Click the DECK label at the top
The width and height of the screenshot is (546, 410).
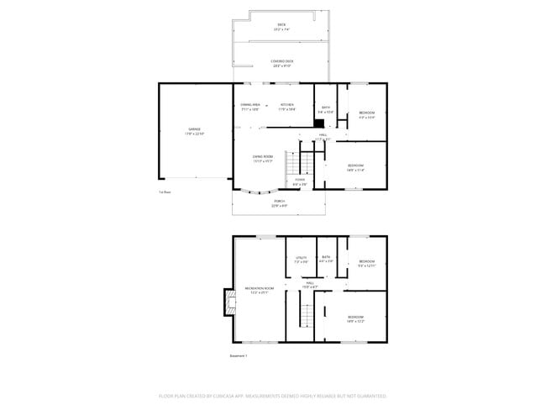click(281, 25)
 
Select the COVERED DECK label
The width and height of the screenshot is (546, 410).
click(281, 61)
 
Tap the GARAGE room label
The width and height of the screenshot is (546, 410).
click(194, 129)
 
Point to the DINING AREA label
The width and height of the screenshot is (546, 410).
click(250, 105)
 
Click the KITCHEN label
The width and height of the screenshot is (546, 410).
click(286, 105)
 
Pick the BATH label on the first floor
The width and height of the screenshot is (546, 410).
click(326, 108)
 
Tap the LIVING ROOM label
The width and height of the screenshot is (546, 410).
click(263, 156)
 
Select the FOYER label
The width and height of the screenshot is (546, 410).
click(300, 179)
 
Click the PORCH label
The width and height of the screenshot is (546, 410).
click(279, 201)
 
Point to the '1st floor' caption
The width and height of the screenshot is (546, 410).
click(165, 192)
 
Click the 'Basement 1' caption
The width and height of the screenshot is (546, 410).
click(239, 355)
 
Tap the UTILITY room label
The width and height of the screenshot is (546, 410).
click(301, 258)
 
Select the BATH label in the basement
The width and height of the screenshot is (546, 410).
click(326, 257)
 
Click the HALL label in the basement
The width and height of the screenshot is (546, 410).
click(309, 284)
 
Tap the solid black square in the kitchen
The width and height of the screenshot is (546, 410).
click(319, 123)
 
